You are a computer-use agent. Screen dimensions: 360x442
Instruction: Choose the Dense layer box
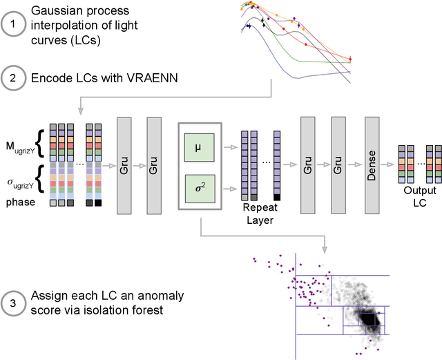click(372, 166)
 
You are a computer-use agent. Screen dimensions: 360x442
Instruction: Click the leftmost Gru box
click(125, 166)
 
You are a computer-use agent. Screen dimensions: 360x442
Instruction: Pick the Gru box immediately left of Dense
click(338, 166)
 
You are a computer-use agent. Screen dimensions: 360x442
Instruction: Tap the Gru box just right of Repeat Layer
click(308, 166)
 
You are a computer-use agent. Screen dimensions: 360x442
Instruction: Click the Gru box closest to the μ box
click(155, 166)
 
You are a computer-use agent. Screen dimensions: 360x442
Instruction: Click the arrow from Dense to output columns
click(388, 166)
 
